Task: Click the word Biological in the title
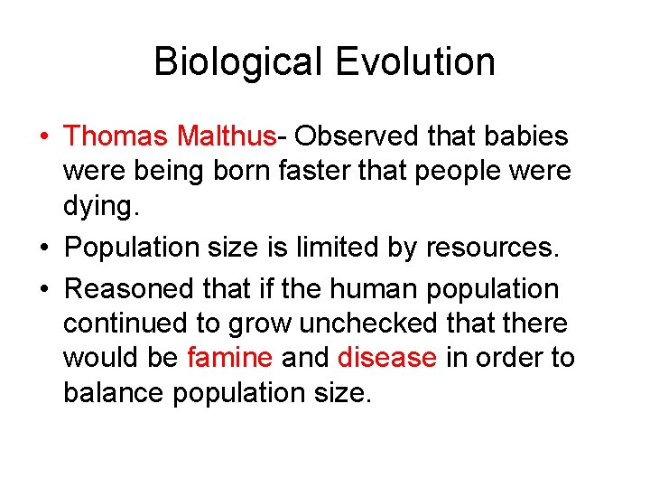pos(237,62)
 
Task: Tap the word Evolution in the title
pos(415,62)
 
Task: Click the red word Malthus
pos(227,136)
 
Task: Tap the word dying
pos(100,207)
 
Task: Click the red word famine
pos(229,358)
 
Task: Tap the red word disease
pos(386,358)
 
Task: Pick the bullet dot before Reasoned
pos(44,290)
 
